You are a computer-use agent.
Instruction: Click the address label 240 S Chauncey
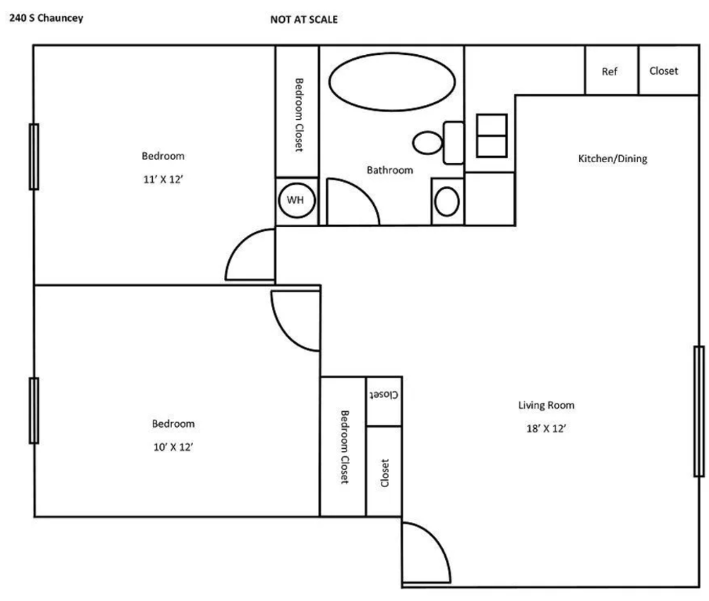46,18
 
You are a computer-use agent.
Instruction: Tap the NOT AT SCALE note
304,20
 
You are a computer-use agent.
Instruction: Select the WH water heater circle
297,200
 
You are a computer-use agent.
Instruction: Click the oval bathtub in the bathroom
392,82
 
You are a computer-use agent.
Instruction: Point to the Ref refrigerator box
612,70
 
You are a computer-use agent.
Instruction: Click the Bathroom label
390,170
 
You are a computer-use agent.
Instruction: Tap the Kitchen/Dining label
613,159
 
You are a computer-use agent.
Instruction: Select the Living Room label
546,405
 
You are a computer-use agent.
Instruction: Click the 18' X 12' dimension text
546,428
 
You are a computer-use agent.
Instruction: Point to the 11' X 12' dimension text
163,179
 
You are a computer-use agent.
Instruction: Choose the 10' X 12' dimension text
173,447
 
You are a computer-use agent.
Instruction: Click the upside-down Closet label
384,394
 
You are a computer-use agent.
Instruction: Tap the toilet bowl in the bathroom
427,143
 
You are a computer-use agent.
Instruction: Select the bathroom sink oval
447,201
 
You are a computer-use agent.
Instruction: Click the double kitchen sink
491,136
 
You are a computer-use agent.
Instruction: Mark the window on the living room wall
699,411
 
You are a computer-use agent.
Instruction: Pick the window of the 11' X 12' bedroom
34,157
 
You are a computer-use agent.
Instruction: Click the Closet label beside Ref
664,71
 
